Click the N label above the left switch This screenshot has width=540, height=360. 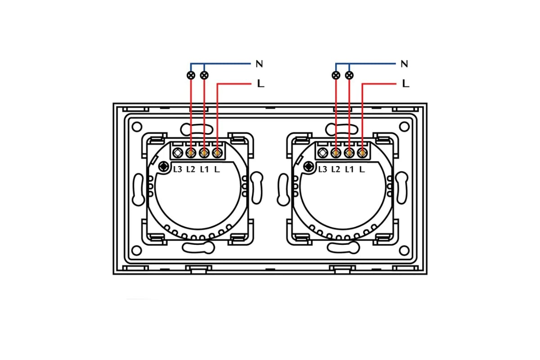pos(259,64)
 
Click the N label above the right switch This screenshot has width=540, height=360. pos(404,64)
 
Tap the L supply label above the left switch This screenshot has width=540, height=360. pos(260,84)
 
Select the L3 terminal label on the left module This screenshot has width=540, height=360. pos(178,169)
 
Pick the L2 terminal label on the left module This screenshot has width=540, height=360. pos(191,169)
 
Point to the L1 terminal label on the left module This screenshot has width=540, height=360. pos(204,169)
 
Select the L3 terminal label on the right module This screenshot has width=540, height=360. pos(323,169)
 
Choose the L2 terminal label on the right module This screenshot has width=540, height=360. pos(336,169)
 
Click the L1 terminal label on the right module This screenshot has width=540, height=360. pos(349,169)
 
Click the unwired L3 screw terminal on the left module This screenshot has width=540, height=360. pos(178,153)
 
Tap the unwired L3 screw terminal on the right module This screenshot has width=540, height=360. pos(323,153)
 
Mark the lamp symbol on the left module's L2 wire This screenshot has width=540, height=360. pos(191,75)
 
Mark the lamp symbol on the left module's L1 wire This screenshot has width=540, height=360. pos(204,75)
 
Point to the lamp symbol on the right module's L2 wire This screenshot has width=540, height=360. pos(336,75)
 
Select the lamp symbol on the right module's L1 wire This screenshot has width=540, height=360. pos(349,75)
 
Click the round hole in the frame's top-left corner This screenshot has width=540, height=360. pos(138,127)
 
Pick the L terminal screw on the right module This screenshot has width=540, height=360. pos(362,153)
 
